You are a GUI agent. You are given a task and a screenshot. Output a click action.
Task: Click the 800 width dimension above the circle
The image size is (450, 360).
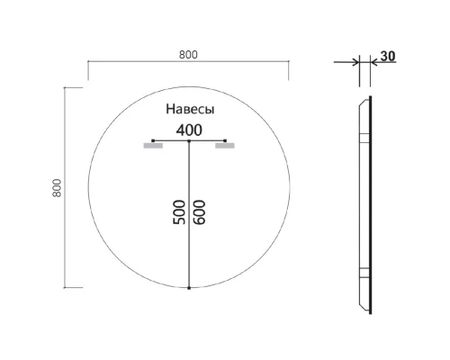point(187,54)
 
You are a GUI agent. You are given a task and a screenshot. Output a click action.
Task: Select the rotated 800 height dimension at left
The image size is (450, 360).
point(56,187)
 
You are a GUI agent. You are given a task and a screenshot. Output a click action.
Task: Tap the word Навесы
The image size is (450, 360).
point(189,109)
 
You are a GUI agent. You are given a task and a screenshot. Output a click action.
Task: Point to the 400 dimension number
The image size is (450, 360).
point(189,130)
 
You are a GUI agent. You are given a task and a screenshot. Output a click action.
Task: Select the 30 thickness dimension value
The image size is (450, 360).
point(388,56)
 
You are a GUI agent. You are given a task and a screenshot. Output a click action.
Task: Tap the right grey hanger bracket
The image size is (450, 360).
point(224,145)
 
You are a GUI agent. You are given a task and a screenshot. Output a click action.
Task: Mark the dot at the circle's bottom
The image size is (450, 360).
point(189,288)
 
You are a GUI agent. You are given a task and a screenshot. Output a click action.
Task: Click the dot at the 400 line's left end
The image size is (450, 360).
point(154,140)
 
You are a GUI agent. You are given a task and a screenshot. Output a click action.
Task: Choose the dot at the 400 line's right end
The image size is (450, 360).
point(224,140)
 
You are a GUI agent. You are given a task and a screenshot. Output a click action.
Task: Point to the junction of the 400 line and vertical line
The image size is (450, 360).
point(189,141)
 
